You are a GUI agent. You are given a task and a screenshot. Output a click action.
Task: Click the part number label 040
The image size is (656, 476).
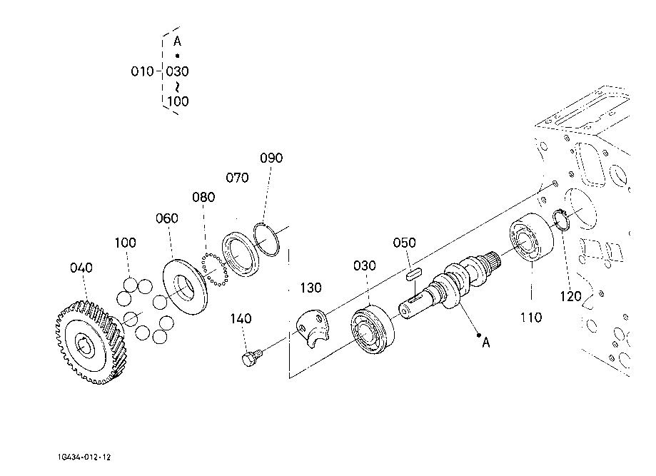(x=81, y=268)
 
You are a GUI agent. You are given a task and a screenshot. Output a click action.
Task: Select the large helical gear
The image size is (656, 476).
(x=91, y=342)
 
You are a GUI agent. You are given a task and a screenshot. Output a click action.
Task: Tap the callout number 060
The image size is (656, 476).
(x=167, y=218)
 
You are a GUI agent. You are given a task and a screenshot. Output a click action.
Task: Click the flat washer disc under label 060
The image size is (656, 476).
(x=185, y=287)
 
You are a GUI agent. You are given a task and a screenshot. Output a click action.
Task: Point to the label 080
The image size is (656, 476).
(x=203, y=197)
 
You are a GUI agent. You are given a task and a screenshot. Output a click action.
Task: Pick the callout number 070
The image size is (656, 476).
(x=237, y=178)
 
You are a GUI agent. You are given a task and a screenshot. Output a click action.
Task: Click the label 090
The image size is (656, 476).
(x=271, y=158)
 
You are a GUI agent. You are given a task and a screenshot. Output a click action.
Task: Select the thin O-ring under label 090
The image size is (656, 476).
(x=266, y=240)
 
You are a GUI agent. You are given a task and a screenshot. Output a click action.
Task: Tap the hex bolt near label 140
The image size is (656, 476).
(x=251, y=358)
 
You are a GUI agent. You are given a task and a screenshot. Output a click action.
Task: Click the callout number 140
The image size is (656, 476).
(x=241, y=319)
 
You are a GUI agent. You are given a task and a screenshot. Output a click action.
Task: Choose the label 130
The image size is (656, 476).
(x=311, y=288)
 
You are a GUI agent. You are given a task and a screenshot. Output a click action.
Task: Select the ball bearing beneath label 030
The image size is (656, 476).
(x=372, y=330)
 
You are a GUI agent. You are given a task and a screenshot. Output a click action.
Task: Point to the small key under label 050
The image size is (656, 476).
(x=414, y=274)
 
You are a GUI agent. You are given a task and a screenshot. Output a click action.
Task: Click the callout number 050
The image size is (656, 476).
(x=405, y=243)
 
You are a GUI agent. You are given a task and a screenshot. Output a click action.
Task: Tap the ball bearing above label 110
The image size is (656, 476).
(x=531, y=237)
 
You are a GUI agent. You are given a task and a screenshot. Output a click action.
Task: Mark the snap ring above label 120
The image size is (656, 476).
(x=560, y=220)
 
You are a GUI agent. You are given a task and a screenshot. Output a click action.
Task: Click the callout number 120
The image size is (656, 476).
(x=570, y=297)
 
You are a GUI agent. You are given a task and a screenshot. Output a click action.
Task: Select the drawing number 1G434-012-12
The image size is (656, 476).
(x=84, y=457)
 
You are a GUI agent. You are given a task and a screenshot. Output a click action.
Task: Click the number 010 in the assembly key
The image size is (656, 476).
(x=142, y=71)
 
